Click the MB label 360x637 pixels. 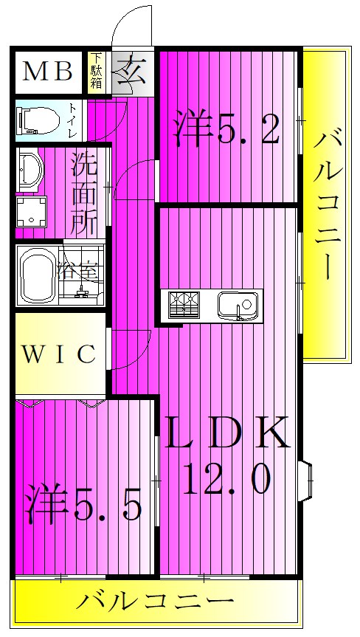point(47,71)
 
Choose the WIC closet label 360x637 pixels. point(58,354)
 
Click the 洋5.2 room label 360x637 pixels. point(227,128)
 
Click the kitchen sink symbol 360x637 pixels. point(237,304)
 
